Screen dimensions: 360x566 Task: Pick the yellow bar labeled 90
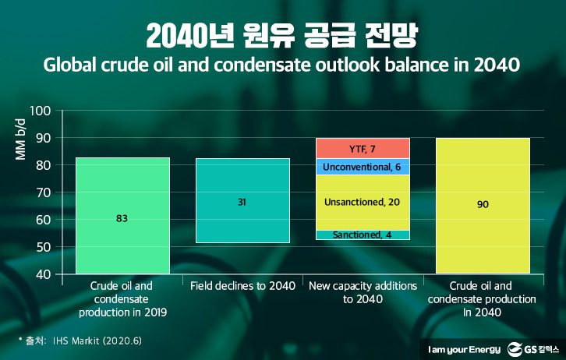(483, 204)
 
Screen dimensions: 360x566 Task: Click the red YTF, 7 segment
(363, 148)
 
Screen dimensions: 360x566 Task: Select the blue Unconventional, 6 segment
(363, 167)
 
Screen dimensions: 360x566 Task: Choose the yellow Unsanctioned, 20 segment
(363, 202)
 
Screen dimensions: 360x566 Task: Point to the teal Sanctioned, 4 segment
(363, 235)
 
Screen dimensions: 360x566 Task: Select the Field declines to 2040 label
(242, 286)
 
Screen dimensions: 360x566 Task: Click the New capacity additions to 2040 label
(363, 292)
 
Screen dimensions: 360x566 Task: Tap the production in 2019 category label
(122, 298)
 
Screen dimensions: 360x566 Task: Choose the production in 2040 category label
(483, 298)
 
